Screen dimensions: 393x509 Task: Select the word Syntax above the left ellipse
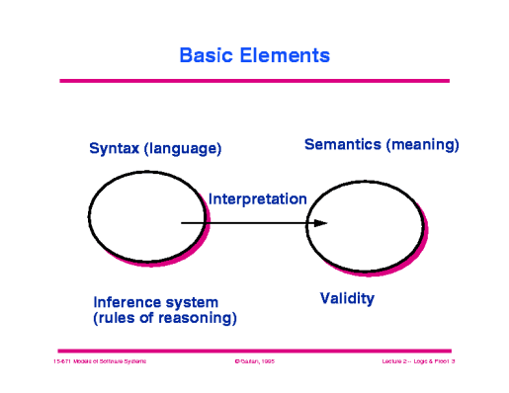click(x=116, y=149)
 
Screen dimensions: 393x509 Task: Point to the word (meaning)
click(x=422, y=145)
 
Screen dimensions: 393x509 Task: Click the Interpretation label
click(x=257, y=198)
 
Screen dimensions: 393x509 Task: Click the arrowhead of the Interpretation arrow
click(x=320, y=223)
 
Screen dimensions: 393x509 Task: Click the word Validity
click(x=347, y=296)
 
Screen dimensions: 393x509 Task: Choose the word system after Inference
click(x=194, y=301)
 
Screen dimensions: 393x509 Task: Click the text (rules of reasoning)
click(x=164, y=318)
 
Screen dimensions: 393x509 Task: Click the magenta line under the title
click(x=254, y=81)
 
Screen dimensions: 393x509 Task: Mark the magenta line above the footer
click(x=254, y=351)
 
